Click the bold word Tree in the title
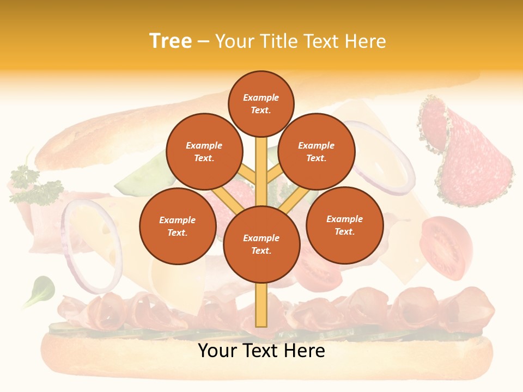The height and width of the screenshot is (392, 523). point(171,41)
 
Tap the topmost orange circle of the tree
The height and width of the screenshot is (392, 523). point(261,103)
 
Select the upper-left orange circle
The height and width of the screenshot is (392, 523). point(204,151)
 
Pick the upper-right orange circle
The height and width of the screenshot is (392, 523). point(316,151)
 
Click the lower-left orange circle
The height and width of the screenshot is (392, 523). point(178,226)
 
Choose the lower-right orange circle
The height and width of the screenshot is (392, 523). point(344,225)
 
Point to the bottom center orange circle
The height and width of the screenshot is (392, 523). point(261,244)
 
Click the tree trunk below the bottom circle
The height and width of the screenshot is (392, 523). point(261,305)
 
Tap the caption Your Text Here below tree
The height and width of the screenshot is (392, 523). point(261,351)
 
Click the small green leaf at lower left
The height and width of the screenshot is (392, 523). point(40,289)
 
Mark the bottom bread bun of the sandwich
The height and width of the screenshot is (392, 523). point(261,362)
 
